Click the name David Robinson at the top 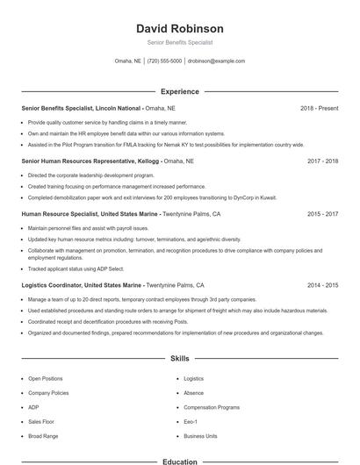180,28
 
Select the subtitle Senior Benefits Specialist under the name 180,42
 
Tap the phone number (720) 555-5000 164,61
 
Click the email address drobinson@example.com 216,61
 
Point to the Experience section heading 180,91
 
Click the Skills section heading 180,359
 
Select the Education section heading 180,461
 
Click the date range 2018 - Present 319,108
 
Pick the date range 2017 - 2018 322,161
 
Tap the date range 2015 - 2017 322,214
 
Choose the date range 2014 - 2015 322,285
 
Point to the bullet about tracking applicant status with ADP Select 76,268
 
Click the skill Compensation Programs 212,407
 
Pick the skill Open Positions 46,378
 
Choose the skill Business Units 200,436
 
